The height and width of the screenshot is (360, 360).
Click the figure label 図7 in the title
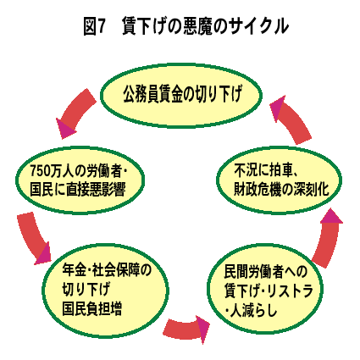(95, 26)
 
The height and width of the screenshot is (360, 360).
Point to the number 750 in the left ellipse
(41, 171)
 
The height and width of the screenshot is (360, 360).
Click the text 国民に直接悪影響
(78, 190)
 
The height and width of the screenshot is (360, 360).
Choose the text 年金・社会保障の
(107, 270)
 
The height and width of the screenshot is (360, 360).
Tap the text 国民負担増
(92, 308)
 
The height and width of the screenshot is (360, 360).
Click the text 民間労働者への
(266, 271)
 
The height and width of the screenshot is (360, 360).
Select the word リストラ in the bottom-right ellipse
(290, 291)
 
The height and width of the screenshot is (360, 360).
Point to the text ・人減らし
(252, 311)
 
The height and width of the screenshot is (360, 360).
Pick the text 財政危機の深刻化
(281, 189)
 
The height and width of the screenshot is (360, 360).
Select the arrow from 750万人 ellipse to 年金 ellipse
(32, 240)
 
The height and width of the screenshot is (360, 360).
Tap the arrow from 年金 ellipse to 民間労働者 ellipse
(186, 329)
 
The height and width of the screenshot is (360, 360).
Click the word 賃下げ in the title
(143, 26)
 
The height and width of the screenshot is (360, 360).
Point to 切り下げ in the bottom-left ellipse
(86, 289)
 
